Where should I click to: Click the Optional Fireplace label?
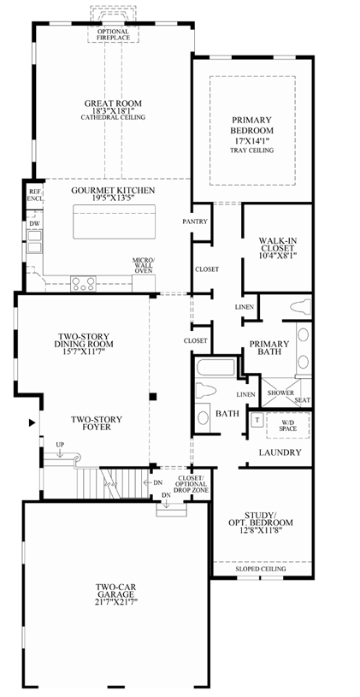pyautogui.click(x=114, y=35)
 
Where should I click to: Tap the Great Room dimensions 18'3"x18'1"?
pyautogui.click(x=113, y=110)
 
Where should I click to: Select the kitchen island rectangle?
pyautogui.click(x=115, y=222)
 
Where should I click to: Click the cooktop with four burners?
pyautogui.click(x=84, y=283)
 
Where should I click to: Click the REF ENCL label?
pyautogui.click(x=34, y=194)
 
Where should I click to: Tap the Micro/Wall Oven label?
pyautogui.click(x=143, y=265)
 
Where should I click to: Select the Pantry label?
pyautogui.click(x=195, y=222)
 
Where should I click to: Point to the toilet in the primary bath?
pyautogui.click(x=301, y=307)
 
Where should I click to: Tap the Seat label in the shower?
pyautogui.click(x=302, y=400)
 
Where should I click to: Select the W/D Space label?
pyautogui.click(x=287, y=425)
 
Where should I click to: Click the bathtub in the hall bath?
pyautogui.click(x=215, y=368)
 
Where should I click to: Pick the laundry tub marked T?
pyautogui.click(x=257, y=420)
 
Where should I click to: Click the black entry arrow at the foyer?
pyautogui.click(x=32, y=422)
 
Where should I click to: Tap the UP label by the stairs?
pyautogui.click(x=60, y=444)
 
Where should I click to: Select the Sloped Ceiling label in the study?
pyautogui.click(x=261, y=569)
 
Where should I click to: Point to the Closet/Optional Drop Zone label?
pyautogui.click(x=191, y=484)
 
